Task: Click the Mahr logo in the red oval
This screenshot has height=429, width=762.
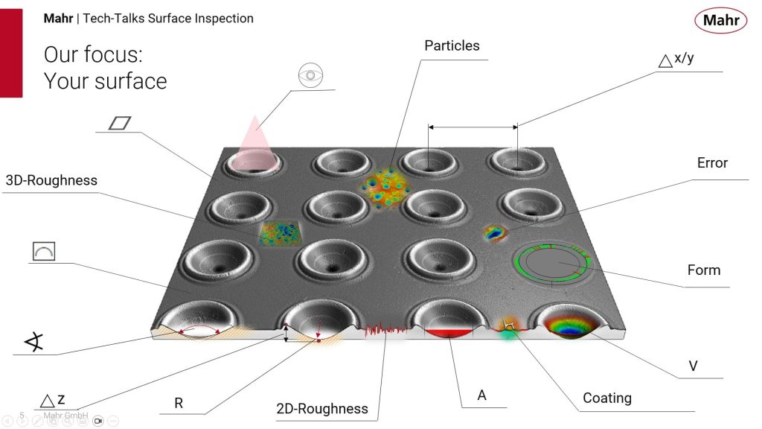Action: [x=720, y=20]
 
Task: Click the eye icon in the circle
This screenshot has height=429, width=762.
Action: [x=310, y=75]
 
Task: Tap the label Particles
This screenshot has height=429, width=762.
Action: [x=452, y=45]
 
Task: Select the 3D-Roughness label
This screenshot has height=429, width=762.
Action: [x=51, y=180]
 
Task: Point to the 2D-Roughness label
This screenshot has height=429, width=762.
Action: [x=322, y=409]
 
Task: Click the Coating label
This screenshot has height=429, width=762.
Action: [x=607, y=398]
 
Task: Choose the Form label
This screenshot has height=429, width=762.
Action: [x=704, y=270]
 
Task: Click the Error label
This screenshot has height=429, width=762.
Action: [x=712, y=163]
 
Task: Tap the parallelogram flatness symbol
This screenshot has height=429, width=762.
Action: [x=120, y=123]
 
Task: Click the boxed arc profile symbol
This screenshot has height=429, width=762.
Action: [x=44, y=251]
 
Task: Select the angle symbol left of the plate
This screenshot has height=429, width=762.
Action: [x=34, y=342]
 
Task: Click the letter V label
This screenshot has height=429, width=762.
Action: [x=693, y=366]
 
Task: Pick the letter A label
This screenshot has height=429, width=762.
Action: [x=481, y=395]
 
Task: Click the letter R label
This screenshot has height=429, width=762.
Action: [x=179, y=403]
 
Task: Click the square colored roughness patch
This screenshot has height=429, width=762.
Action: [x=281, y=233]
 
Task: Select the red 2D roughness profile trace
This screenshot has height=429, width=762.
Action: [x=386, y=330]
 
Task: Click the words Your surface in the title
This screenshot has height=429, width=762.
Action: [x=106, y=81]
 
